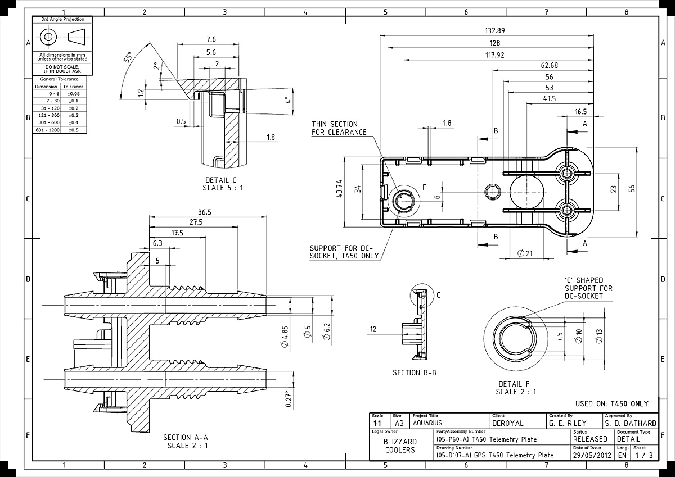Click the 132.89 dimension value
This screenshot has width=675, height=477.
(x=495, y=30)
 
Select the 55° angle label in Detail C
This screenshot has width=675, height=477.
(x=128, y=57)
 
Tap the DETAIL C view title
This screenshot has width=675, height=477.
(x=221, y=180)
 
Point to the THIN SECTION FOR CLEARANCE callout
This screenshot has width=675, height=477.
(x=339, y=128)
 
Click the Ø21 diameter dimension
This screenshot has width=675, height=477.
(x=525, y=253)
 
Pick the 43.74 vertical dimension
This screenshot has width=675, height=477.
(x=339, y=189)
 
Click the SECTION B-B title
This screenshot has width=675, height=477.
(x=415, y=372)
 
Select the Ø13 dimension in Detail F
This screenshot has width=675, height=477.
(x=599, y=336)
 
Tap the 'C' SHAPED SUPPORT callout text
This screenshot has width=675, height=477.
(x=588, y=288)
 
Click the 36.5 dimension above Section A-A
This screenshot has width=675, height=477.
(x=205, y=212)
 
